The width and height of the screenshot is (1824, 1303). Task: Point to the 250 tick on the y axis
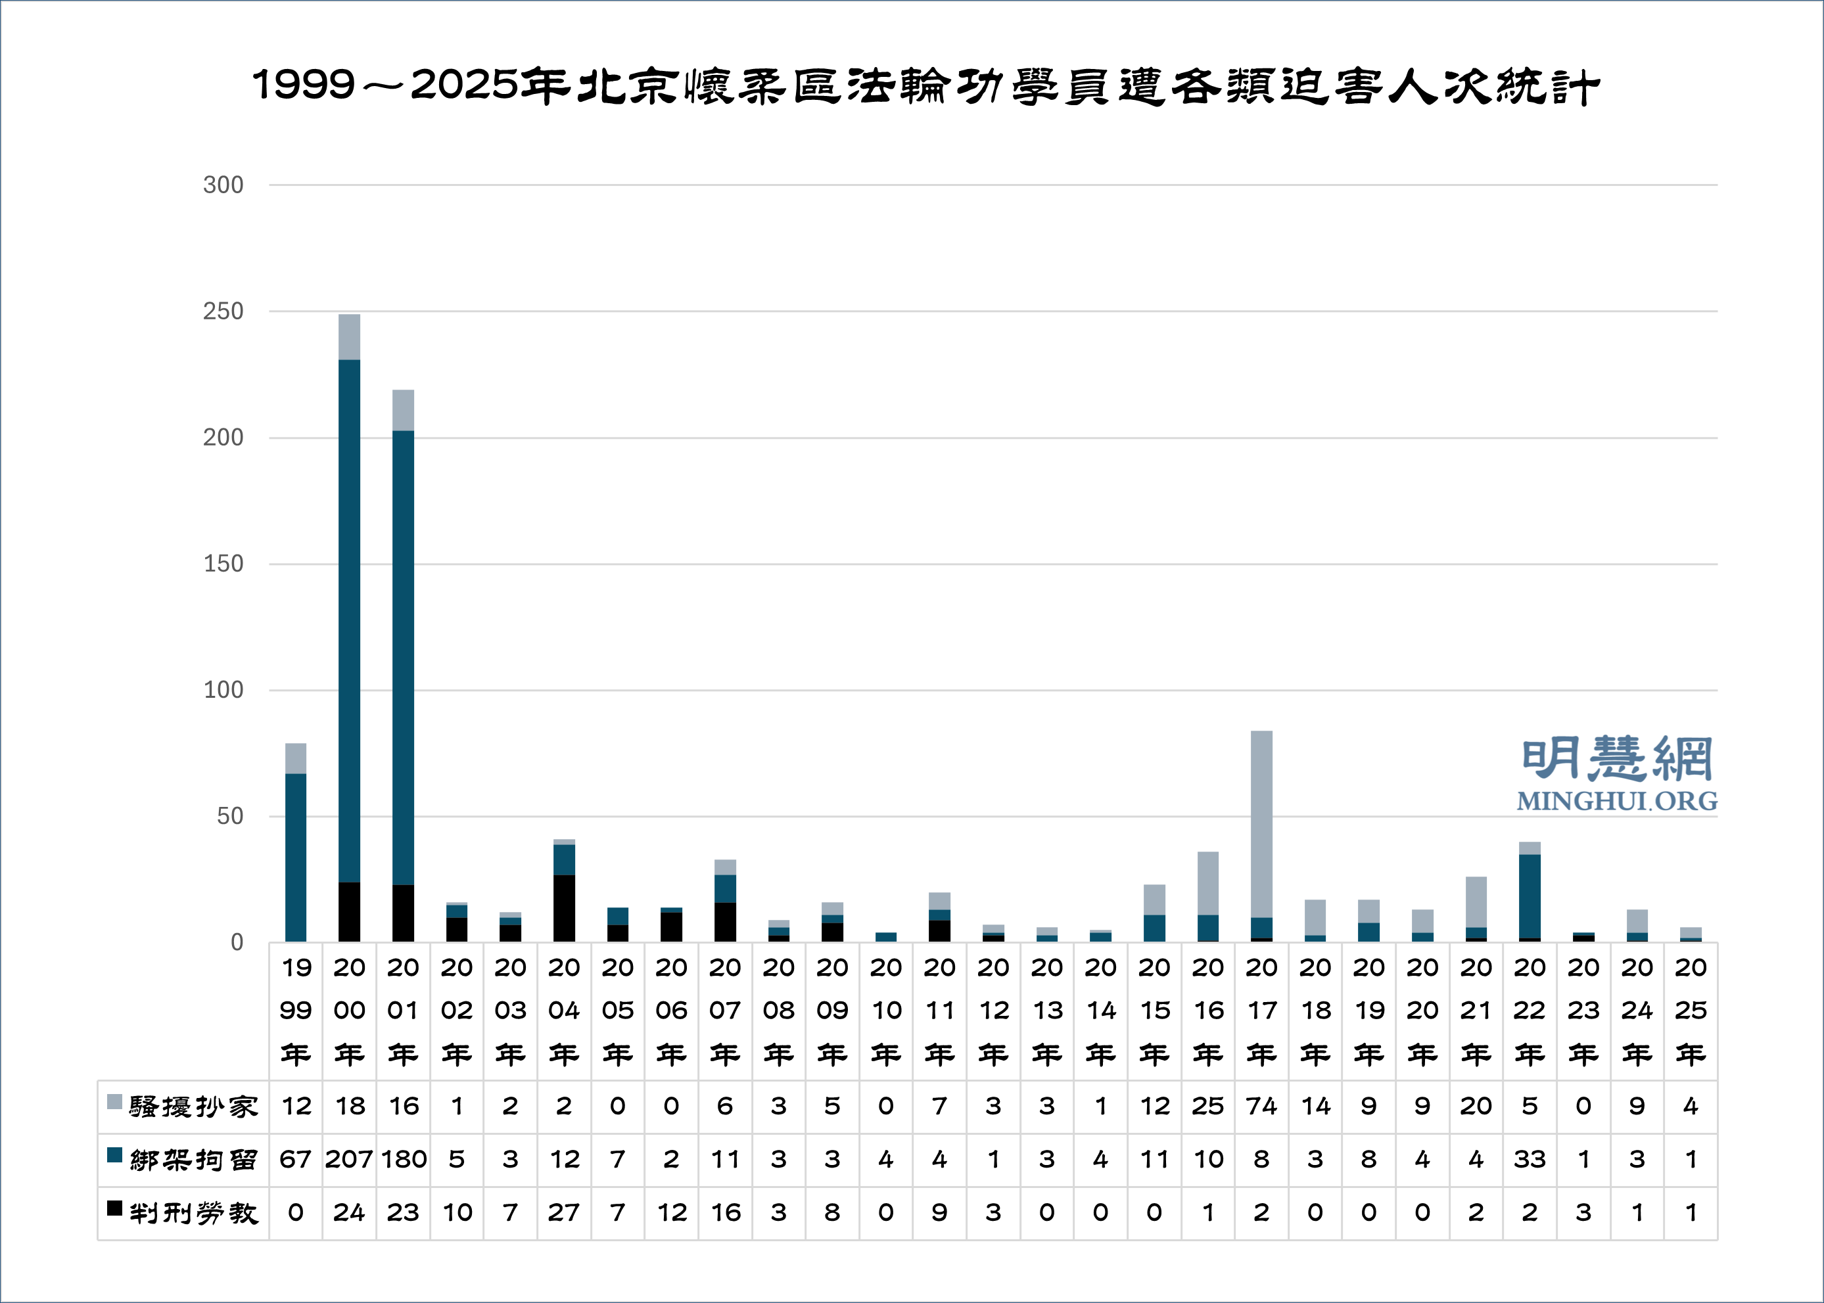pos(223,311)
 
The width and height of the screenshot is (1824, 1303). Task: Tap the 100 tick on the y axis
pos(223,690)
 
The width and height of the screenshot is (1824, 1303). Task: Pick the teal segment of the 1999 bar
pos(295,857)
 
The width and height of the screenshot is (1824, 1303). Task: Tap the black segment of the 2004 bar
pos(564,907)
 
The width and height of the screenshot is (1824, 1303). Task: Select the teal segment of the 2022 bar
pos(1530,896)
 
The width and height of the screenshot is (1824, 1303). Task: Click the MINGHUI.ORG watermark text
pos(1616,801)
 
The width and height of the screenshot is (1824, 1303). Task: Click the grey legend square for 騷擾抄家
pos(115,1102)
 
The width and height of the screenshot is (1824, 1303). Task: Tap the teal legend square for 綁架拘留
pos(115,1155)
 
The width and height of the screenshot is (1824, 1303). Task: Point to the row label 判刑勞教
pos(193,1213)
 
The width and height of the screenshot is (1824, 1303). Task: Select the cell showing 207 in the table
pos(349,1159)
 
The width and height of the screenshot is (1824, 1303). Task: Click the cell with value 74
pos(1261,1107)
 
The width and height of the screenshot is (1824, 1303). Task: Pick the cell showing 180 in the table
pos(403,1159)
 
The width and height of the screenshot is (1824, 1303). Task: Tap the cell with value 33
pos(1530,1159)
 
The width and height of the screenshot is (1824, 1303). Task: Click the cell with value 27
pos(564,1212)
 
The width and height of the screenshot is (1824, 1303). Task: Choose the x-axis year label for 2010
pos(886,1010)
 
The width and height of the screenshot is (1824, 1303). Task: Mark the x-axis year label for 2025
pos(1690,1010)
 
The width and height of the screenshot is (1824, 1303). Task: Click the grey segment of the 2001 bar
pos(403,410)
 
